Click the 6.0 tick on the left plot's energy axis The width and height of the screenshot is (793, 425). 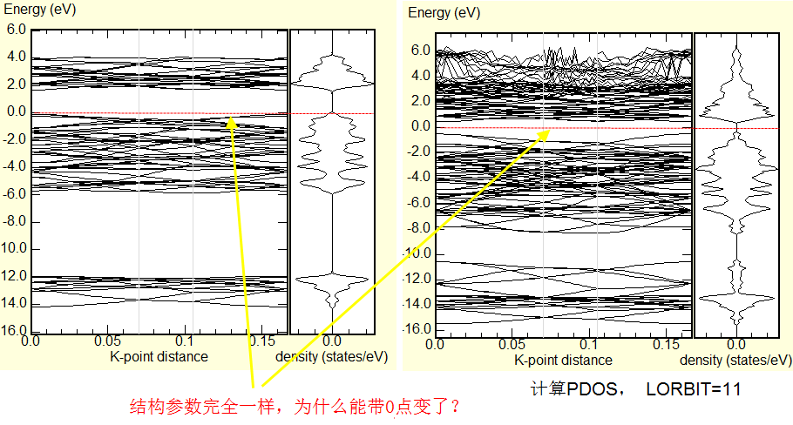pyautogui.click(x=16, y=29)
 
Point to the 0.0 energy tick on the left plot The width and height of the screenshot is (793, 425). pyautogui.click(x=16, y=111)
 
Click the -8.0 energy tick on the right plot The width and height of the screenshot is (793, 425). pyautogui.click(x=418, y=227)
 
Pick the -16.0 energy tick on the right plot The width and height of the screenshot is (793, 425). pyautogui.click(x=418, y=328)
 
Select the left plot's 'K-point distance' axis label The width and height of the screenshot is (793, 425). pyautogui.click(x=159, y=356)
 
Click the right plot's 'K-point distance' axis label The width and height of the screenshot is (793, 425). pyautogui.click(x=563, y=360)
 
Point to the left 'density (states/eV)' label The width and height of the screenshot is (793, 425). pyautogui.click(x=331, y=356)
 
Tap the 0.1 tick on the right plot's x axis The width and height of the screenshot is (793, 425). pyautogui.click(x=590, y=345)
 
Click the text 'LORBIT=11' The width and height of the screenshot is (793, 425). pyautogui.click(x=694, y=388)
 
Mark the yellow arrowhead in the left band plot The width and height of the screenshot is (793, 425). pyautogui.click(x=231, y=122)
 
